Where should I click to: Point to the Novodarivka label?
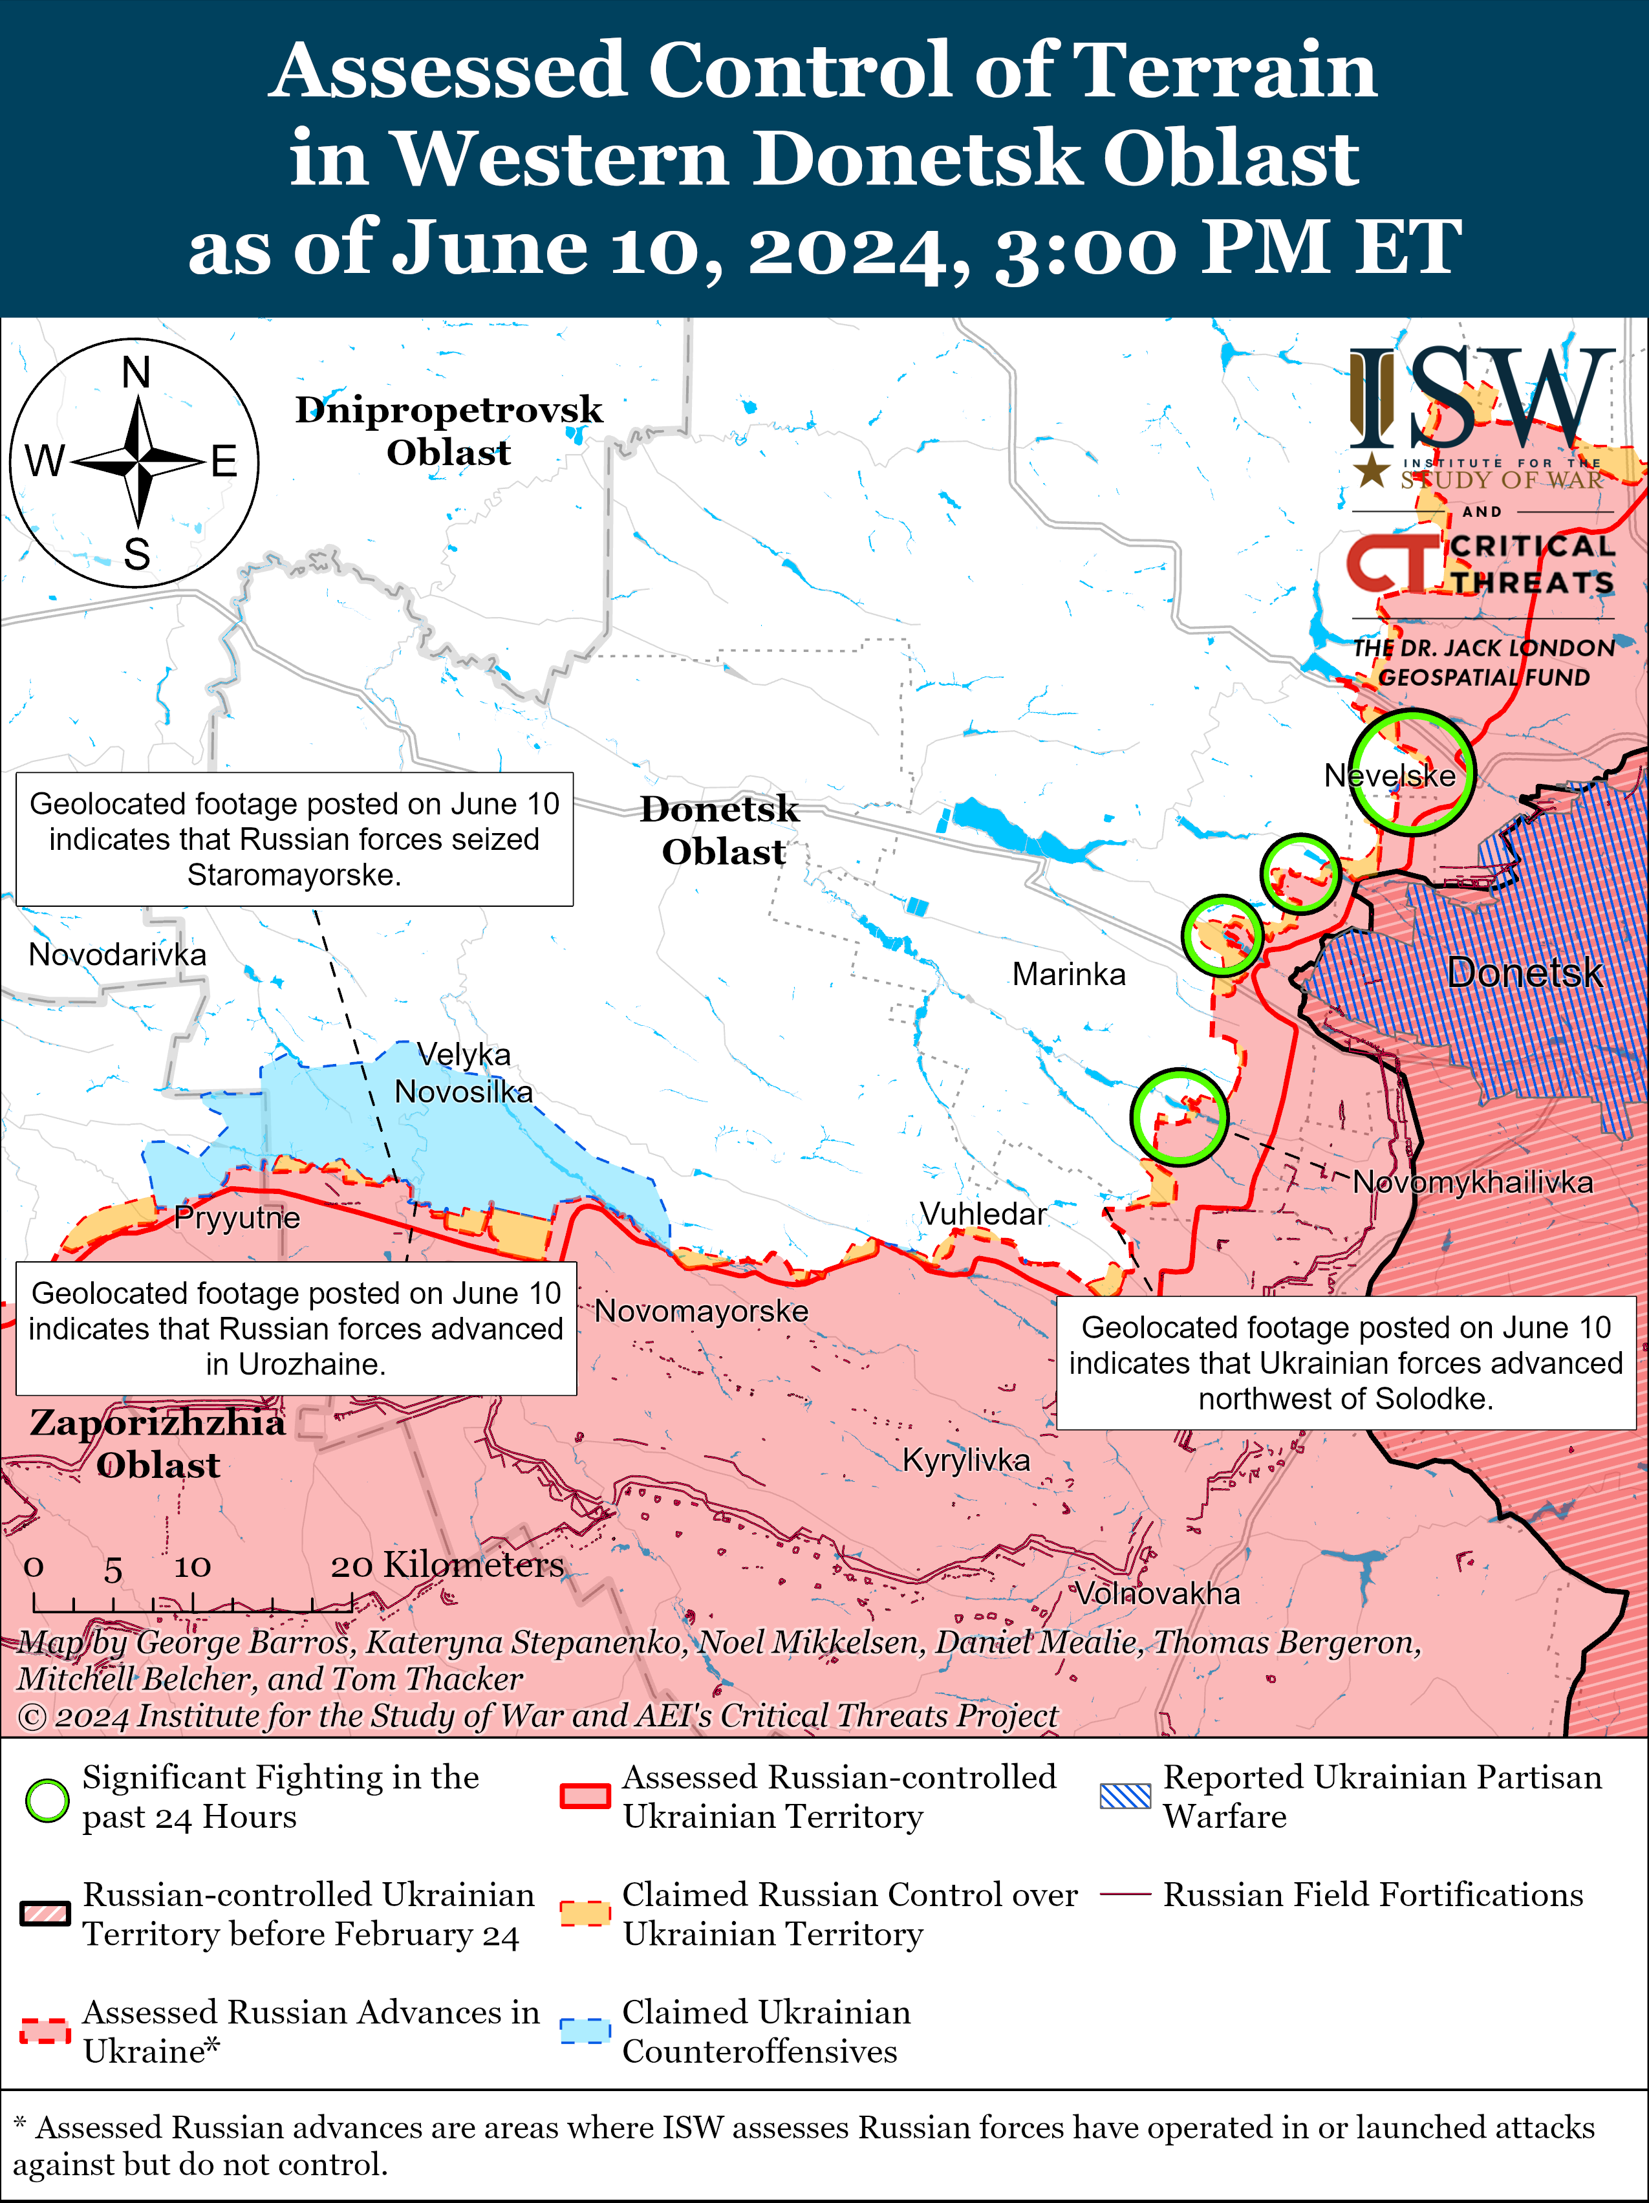118,954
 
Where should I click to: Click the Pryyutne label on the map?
237,1217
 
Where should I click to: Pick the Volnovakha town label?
1157,1594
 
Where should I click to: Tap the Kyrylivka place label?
966,1460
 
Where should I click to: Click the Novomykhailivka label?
1472,1182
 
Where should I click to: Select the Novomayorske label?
701,1310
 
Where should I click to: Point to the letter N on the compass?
136,373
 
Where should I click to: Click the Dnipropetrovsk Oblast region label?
449,430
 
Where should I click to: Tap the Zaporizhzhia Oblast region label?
157,1443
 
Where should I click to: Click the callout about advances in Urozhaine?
296,1328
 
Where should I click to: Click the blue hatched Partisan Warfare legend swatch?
1125,1796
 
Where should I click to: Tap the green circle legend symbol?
47,1799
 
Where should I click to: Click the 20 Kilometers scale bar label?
447,1565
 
